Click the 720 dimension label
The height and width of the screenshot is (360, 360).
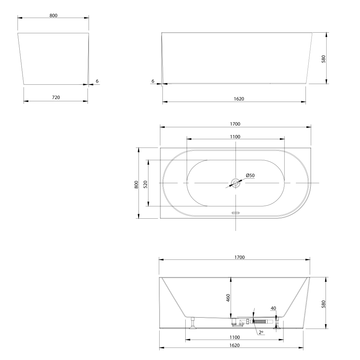click(x=56, y=97)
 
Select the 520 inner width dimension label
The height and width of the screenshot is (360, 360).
click(x=145, y=185)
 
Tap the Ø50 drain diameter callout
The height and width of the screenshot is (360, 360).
click(x=250, y=176)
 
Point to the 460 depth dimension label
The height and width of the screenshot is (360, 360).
click(x=228, y=298)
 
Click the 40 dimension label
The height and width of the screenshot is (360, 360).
click(x=273, y=308)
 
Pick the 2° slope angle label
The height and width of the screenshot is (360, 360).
click(x=261, y=332)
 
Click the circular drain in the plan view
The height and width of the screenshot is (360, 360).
click(x=236, y=183)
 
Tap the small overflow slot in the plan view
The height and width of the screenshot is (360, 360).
click(x=236, y=213)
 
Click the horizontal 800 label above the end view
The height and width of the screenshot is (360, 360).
click(x=53, y=15)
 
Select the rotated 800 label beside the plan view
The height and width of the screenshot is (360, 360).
click(x=136, y=185)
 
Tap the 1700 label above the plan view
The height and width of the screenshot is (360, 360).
click(x=235, y=124)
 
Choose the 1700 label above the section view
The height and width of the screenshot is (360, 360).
click(x=239, y=257)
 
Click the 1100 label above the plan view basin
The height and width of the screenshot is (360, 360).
click(x=235, y=137)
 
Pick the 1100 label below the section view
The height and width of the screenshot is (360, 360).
click(x=234, y=337)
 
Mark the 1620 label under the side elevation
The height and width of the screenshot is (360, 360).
click(x=239, y=99)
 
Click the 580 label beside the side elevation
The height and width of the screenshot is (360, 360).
click(x=323, y=59)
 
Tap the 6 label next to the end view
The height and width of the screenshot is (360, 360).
click(x=97, y=81)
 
